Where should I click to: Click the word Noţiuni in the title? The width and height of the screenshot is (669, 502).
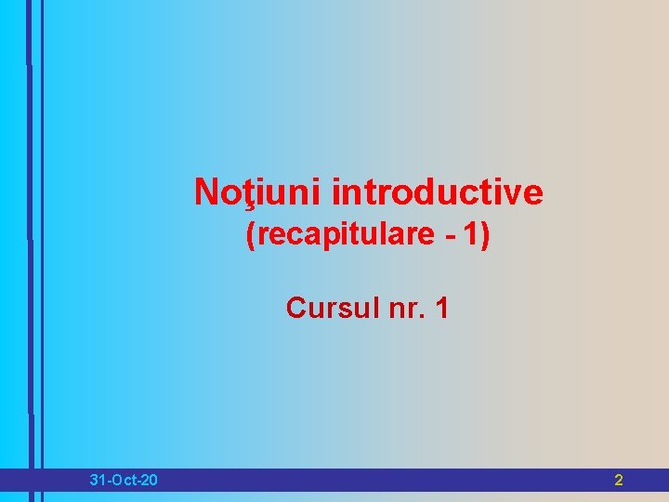258,192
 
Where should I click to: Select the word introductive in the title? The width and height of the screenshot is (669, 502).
437,192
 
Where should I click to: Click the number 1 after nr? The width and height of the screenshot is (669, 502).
440,307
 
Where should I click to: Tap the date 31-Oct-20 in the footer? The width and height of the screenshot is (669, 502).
124,481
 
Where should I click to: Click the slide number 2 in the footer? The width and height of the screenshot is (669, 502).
619,481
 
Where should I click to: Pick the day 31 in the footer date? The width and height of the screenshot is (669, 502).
98,481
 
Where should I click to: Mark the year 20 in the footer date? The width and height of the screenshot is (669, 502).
149,481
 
